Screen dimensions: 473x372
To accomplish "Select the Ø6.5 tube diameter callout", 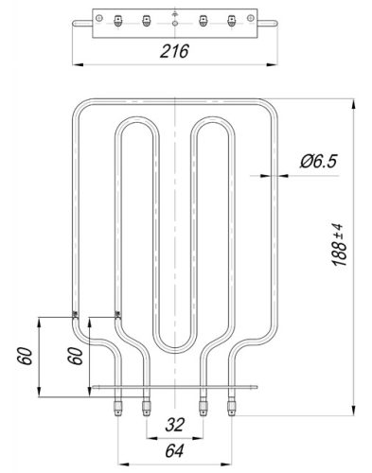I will pyautogui.click(x=319, y=162).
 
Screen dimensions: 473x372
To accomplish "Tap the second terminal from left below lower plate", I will pyautogui.click(x=146, y=406).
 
